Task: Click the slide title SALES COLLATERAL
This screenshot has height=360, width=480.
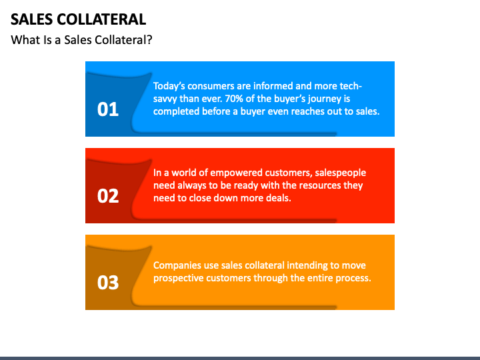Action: [x=78, y=19]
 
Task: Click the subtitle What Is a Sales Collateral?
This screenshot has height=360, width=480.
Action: [x=81, y=40]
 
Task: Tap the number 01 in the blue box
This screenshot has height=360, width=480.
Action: [x=108, y=109]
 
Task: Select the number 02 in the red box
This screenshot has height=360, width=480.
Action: [x=108, y=196]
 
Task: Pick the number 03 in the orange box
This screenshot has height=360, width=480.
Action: [x=108, y=283]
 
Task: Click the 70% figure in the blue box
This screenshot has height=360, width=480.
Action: [x=235, y=99]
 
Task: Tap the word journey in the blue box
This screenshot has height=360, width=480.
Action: [x=321, y=99]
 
